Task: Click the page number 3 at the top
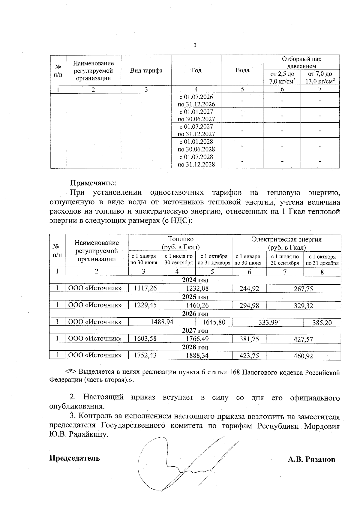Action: pyautogui.click(x=195, y=45)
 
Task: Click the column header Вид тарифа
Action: pyautogui.click(x=146, y=70)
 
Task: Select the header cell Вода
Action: pyautogui.click(x=242, y=70)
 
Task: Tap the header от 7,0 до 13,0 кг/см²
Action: pyautogui.click(x=320, y=77)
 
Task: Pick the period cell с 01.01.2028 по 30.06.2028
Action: pyautogui.click(x=196, y=145)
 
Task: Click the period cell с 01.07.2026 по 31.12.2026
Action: pyautogui.click(x=196, y=100)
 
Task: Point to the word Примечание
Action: pyautogui.click(x=93, y=183)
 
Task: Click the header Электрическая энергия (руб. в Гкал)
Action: pyautogui.click(x=286, y=243)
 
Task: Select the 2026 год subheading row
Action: pyautogui.click(x=195, y=314)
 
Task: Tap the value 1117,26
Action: pyautogui.click(x=145, y=289)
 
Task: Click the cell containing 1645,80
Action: pyautogui.click(x=214, y=322)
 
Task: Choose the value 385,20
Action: pyautogui.click(x=322, y=323)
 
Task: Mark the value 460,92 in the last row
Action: pyautogui.click(x=303, y=356)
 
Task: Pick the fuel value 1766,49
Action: pyautogui.click(x=197, y=339)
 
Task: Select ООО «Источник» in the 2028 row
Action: pyautogui.click(x=95, y=355)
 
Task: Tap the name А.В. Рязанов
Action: pyautogui.click(x=311, y=460)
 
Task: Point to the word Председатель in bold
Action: pyautogui.click(x=75, y=458)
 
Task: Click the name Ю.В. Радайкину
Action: pyautogui.click(x=78, y=435)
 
